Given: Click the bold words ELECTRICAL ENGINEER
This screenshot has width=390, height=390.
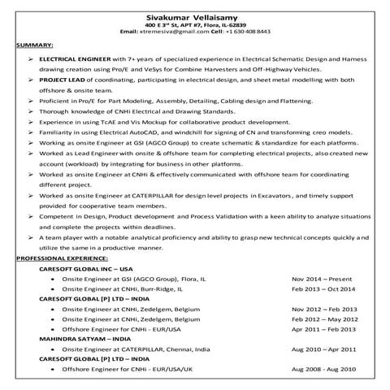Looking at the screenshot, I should tap(74, 59).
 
